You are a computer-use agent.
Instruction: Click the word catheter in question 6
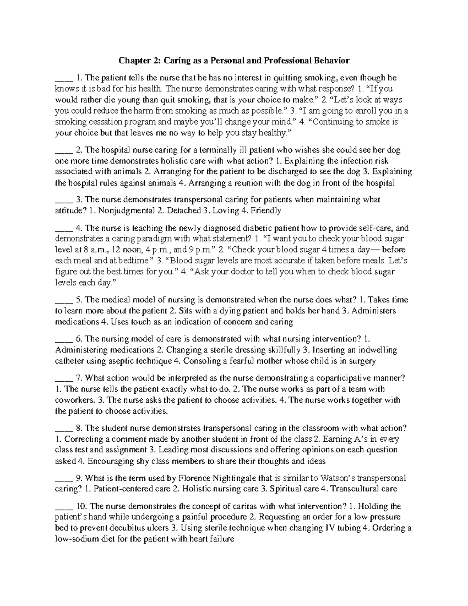tap(69, 361)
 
